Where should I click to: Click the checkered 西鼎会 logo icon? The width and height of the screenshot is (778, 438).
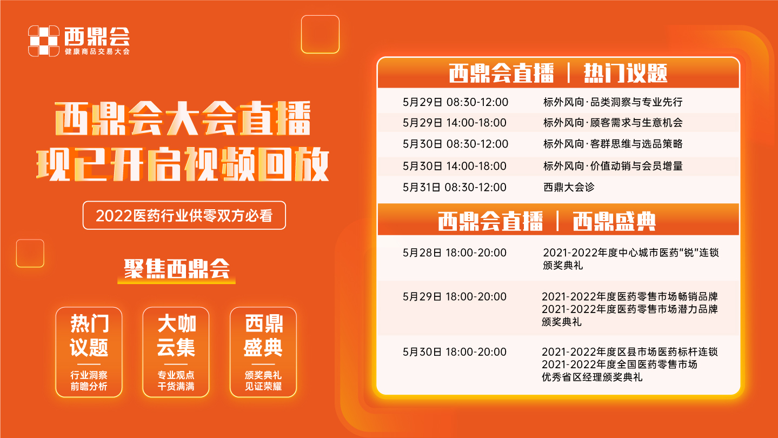44,41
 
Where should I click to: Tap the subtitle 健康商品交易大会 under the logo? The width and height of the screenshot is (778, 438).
97,51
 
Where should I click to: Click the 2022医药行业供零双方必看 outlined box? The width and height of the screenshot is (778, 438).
184,215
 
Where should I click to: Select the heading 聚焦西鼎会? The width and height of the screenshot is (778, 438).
177,269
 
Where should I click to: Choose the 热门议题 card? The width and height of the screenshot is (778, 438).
89,352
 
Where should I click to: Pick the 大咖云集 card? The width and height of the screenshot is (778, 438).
176,352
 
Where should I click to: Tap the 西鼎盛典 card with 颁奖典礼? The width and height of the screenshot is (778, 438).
263,352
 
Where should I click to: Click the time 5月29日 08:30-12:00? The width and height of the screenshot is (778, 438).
455,102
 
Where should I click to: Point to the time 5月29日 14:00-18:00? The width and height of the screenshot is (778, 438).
454,123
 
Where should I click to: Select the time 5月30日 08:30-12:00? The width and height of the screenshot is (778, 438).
455,144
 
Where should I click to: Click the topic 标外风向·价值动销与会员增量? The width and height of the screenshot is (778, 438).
613,166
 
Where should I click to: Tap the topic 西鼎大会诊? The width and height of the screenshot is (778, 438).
569,187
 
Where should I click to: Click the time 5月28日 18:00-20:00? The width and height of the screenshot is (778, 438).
454,253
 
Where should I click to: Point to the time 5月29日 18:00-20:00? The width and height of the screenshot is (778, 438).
454,297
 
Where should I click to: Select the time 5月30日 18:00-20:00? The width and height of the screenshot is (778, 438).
454,352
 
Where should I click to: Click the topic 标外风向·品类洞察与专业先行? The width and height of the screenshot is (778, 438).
613,102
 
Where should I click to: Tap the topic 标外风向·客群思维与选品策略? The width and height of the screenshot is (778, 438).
613,144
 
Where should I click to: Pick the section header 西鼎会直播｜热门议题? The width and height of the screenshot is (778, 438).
558,74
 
